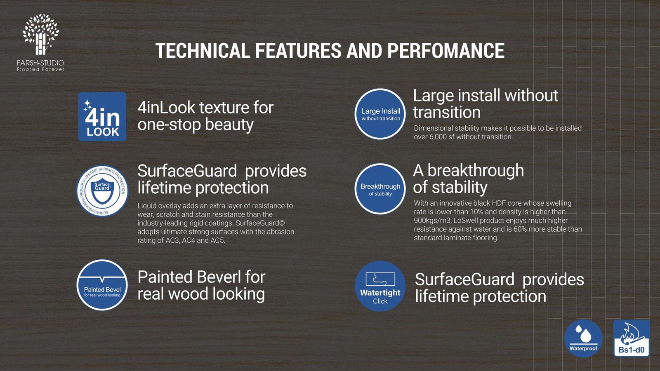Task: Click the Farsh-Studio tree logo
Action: point(41,34)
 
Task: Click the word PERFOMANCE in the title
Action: point(445,51)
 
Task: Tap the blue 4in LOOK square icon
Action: point(102,117)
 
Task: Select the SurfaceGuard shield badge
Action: point(102,191)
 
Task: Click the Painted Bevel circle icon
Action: point(102,285)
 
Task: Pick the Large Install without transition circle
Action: point(380,114)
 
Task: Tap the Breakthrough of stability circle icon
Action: point(380,189)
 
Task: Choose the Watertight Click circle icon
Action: point(380,286)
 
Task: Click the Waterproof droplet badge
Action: point(583,338)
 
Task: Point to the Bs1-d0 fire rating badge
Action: point(632,338)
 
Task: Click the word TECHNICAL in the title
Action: point(203,51)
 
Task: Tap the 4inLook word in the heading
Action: point(166,108)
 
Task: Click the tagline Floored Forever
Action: point(41,70)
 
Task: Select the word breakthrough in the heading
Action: point(476,170)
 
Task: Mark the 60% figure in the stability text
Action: point(520,229)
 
